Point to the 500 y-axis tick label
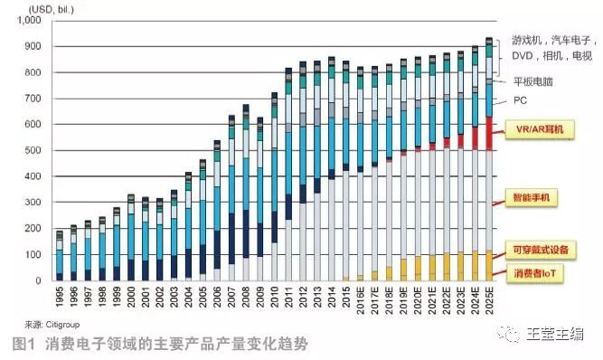pyautogui.click(x=33, y=150)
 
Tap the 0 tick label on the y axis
pyautogui.click(x=38, y=281)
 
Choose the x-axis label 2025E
pyautogui.click(x=489, y=299)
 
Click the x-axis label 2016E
pyautogui.click(x=360, y=299)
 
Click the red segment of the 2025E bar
pyautogui.click(x=489, y=133)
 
